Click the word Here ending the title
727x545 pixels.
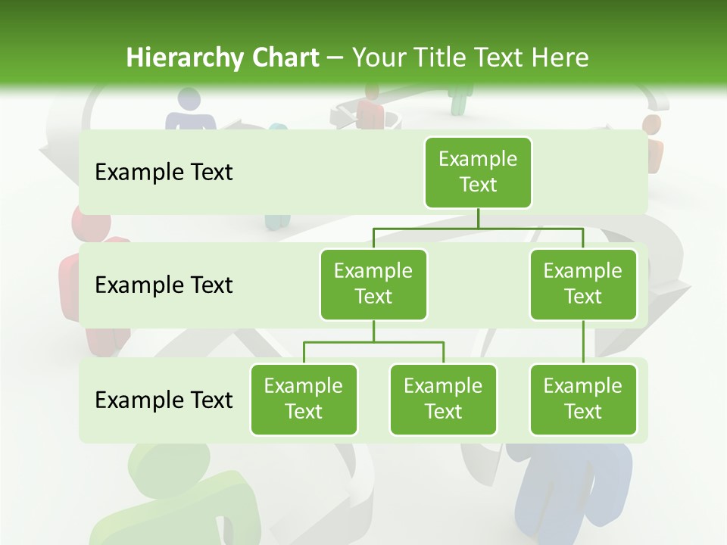point(560,58)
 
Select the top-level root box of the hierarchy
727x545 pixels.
point(478,172)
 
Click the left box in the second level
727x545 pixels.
point(373,284)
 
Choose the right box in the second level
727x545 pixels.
point(583,284)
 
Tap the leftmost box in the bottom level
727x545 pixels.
point(304,399)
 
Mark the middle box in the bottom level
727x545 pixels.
point(443,399)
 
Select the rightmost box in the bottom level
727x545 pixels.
point(583,399)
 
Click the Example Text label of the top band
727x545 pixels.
point(164,173)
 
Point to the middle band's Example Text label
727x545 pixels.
point(164,285)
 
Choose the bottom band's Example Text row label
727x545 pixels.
point(164,400)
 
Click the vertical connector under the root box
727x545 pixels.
point(478,217)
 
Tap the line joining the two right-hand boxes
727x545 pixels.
point(583,341)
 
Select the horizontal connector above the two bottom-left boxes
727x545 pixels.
point(373,342)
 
